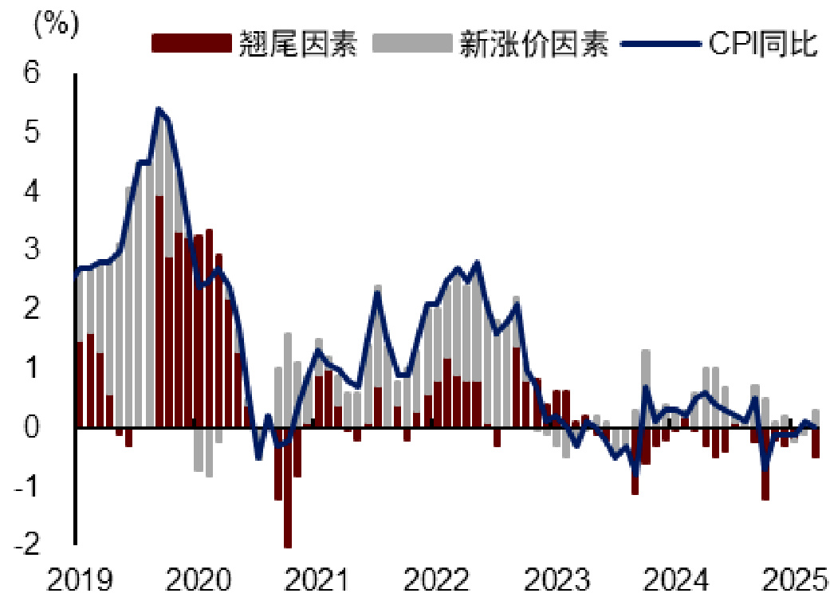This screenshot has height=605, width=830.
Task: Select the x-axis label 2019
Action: [x=77, y=580]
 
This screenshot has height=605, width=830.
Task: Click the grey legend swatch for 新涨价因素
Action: [x=411, y=43]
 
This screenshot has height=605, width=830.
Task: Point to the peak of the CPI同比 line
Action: [x=159, y=109]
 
